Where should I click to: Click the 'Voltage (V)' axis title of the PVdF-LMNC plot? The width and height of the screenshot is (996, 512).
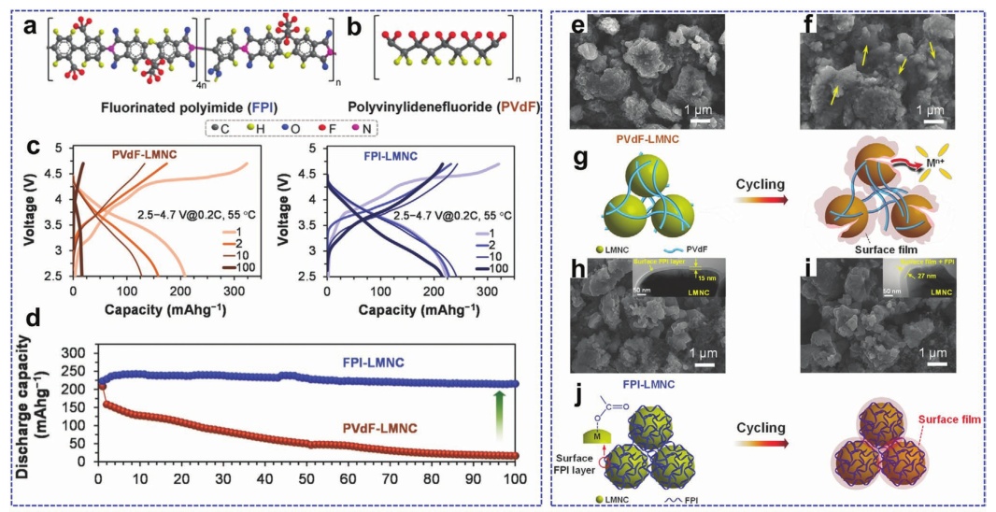[x=35, y=211]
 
